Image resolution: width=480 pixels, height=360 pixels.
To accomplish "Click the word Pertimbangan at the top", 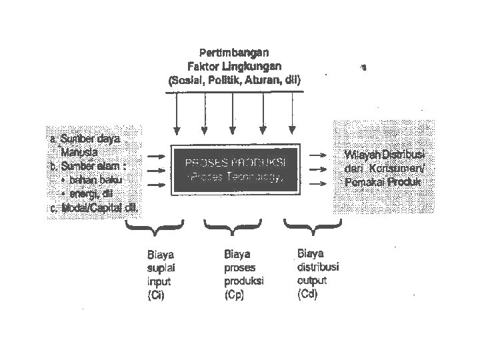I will click(234, 52).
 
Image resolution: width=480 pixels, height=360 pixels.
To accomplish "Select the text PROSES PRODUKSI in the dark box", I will click(235, 163).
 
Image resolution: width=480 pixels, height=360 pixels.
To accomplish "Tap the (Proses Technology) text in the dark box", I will click(235, 178).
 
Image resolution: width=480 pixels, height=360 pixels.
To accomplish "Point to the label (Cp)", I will click(234, 295).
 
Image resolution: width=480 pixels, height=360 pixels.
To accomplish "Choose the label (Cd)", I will click(307, 293).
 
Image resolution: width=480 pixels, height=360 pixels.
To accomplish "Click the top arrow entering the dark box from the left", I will click(155, 156).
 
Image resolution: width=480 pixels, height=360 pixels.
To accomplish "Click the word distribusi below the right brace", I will click(318, 267).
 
